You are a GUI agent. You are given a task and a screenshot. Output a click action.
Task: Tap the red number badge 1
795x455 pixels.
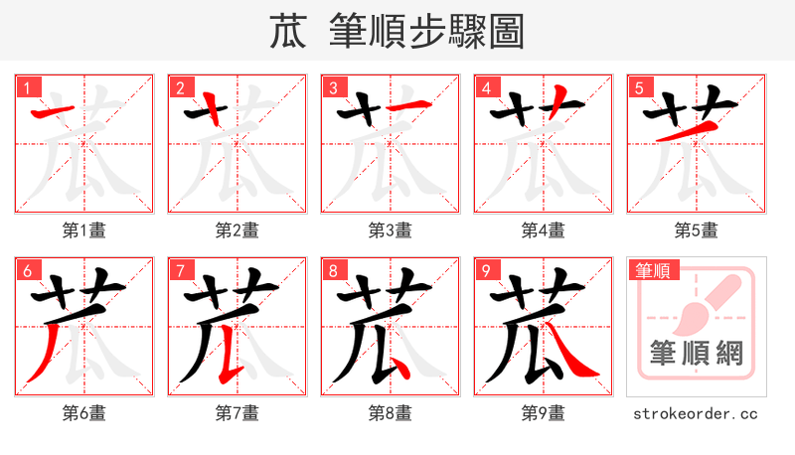pyautogui.click(x=27, y=87)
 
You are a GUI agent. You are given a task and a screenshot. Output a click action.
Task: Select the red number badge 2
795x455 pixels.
pyautogui.click(x=180, y=87)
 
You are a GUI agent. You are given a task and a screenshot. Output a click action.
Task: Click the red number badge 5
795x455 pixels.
pyautogui.click(x=639, y=87)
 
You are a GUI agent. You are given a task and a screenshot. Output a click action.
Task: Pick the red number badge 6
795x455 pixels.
pyautogui.click(x=27, y=270)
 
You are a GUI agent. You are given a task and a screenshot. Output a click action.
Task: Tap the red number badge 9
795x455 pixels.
pyautogui.click(x=486, y=270)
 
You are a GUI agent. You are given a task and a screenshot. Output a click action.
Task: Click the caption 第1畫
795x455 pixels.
pyautogui.click(x=84, y=230)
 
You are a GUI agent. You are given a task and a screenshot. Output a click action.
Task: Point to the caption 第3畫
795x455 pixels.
pyautogui.click(x=391, y=230)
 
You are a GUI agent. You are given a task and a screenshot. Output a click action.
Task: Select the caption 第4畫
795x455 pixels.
pyautogui.click(x=544, y=230)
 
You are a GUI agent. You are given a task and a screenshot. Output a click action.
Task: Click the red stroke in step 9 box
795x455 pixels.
pyautogui.click(x=575, y=360)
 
